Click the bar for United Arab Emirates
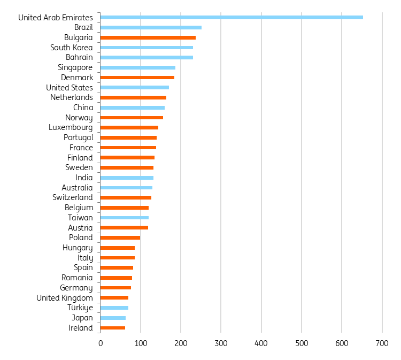pos(231,18)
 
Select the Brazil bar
pos(151,27)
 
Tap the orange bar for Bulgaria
pos(148,37)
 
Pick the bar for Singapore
pos(137,67)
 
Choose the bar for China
pos(132,108)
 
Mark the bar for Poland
pos(120,238)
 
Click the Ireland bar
pos(112,328)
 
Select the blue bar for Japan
pos(113,318)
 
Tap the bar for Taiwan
pos(124,218)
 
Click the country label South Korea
pos(71,48)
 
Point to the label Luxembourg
pos(70,128)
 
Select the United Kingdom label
pos(64,298)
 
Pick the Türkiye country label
pos(80,308)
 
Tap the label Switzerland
pos(72,198)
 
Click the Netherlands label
pos(71,97)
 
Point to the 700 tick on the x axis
pos(382,343)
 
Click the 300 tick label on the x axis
pos(221,343)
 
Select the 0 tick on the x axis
pos(100,343)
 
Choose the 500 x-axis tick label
pos(302,343)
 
